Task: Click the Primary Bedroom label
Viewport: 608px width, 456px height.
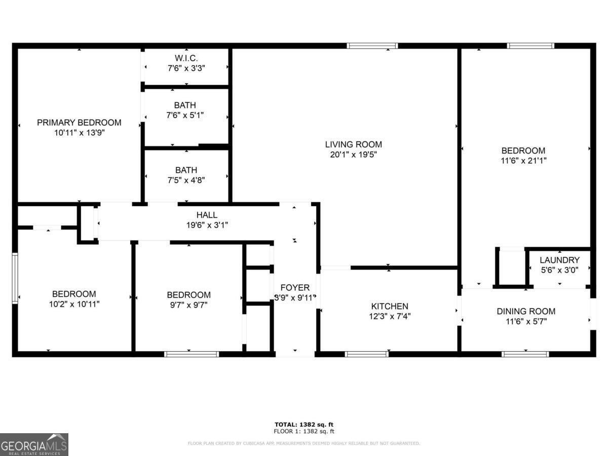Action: (x=79, y=123)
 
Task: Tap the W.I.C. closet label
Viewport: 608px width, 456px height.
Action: (x=186, y=58)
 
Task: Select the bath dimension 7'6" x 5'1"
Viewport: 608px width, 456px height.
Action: (x=186, y=115)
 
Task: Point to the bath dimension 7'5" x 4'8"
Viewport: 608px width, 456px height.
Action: (x=186, y=180)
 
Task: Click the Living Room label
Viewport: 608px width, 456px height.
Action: (x=353, y=144)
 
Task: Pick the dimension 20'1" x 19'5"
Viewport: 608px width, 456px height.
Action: (x=353, y=154)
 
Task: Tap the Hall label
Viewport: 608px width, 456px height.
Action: (x=207, y=215)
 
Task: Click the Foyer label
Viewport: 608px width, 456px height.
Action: (x=295, y=288)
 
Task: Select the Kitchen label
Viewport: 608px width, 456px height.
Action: (x=390, y=307)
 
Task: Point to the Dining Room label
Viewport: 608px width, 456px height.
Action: (x=525, y=311)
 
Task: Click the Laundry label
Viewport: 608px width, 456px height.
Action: (x=559, y=260)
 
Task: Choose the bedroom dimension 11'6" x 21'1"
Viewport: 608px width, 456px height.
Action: (x=523, y=160)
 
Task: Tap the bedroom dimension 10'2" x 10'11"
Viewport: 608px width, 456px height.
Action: (x=74, y=304)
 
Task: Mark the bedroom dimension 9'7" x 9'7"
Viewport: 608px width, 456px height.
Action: (x=188, y=305)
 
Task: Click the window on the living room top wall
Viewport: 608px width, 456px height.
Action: (x=372, y=46)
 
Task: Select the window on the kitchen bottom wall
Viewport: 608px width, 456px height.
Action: (x=367, y=354)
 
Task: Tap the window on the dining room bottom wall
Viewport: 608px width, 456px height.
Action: (x=525, y=354)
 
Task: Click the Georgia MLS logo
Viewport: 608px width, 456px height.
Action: (x=34, y=444)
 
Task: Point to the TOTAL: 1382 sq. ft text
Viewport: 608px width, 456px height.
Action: (x=304, y=425)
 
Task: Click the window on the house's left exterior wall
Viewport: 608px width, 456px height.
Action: (x=15, y=278)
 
